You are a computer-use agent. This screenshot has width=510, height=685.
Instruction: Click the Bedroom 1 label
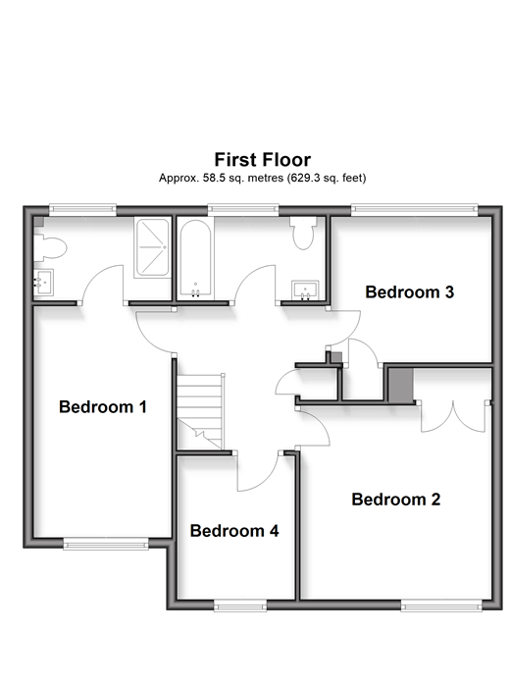pos(103,406)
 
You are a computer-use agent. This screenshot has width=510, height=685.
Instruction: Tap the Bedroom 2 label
pos(396,500)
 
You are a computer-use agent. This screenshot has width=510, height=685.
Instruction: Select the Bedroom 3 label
pos(410,291)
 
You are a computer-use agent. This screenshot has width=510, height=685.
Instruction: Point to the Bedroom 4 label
pos(234,531)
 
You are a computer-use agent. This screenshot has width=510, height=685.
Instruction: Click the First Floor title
pos(263,160)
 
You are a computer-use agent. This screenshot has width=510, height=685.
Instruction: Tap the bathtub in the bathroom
pos(195,258)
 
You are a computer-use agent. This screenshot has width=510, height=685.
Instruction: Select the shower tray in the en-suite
pos(152,247)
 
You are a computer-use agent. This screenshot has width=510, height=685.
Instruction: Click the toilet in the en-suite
pos(50,248)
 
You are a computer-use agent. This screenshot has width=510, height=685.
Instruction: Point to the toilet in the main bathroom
pos(303,233)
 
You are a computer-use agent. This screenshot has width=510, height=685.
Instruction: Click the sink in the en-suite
pos(44,283)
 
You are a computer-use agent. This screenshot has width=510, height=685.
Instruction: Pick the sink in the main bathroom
pos(305,290)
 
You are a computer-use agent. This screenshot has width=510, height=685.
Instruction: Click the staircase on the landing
pos(200,411)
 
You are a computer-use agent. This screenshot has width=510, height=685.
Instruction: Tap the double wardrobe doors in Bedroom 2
pos(453,417)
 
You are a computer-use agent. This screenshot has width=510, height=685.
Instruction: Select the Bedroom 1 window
pos(106,544)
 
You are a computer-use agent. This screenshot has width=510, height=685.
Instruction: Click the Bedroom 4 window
pos(240,606)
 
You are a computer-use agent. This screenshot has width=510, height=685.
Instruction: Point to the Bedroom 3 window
pos(414,210)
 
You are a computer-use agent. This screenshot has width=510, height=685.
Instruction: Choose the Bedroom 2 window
pos(441,606)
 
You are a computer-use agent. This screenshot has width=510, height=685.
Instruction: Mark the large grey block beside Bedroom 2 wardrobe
pos(401,386)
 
